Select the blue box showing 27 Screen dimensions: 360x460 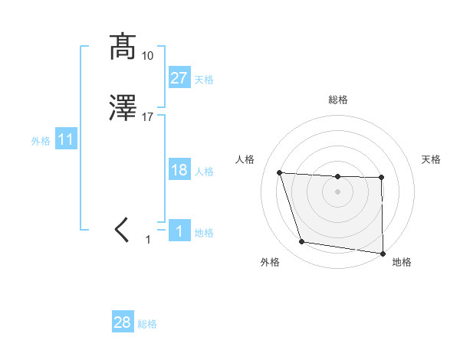[179, 78]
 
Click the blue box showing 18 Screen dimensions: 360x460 [179, 170]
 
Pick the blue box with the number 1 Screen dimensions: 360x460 [179, 231]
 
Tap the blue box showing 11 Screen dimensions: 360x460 [66, 140]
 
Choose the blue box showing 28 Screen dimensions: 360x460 [123, 322]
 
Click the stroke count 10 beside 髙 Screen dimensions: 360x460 [147, 55]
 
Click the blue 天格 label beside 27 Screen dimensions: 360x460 [204, 80]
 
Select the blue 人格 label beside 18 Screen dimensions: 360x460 [204, 172]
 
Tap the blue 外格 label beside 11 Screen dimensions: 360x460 [41, 141]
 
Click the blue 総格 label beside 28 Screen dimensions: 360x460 [147, 324]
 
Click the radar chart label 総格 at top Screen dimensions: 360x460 [338, 100]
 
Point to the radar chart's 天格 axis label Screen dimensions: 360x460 [432, 159]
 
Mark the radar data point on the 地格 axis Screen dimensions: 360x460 [383, 253]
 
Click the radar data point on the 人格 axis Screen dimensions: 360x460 [280, 173]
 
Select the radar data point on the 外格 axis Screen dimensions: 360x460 [302, 242]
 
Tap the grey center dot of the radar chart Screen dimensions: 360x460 [338, 193]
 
